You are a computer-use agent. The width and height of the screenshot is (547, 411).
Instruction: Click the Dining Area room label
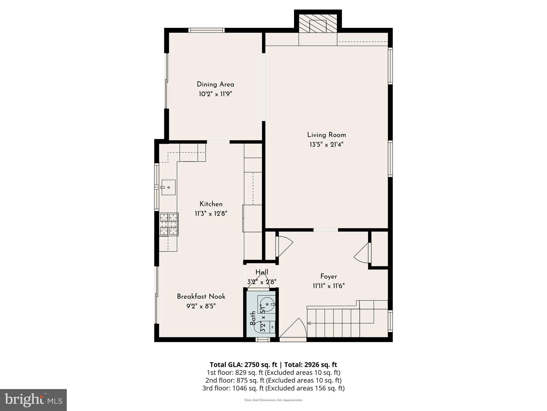coord(215,85)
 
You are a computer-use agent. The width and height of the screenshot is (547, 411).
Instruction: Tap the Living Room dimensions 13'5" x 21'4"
coord(326,145)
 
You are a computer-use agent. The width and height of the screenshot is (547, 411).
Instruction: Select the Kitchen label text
coord(211,204)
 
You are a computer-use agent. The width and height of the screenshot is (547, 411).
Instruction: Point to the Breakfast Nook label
coord(201,296)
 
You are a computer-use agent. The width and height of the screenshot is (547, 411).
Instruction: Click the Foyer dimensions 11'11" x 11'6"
coord(329,286)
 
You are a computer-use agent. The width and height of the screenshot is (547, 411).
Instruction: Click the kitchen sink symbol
coord(168,187)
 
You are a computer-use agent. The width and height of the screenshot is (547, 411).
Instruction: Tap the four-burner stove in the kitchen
coord(169,224)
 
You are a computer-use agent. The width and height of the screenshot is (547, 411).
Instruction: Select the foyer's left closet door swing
coord(285,246)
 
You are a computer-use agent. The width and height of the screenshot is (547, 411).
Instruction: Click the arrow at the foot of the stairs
coord(309,324)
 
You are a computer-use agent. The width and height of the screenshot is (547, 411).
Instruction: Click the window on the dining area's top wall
coord(206,30)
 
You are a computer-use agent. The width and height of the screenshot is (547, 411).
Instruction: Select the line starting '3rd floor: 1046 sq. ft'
coord(273,388)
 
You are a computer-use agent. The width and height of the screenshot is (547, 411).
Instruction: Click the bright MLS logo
coord(33,400)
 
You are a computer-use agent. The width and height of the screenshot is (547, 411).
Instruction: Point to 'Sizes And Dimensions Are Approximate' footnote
coord(273,400)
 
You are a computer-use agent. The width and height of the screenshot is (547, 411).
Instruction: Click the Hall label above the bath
coord(261,272)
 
